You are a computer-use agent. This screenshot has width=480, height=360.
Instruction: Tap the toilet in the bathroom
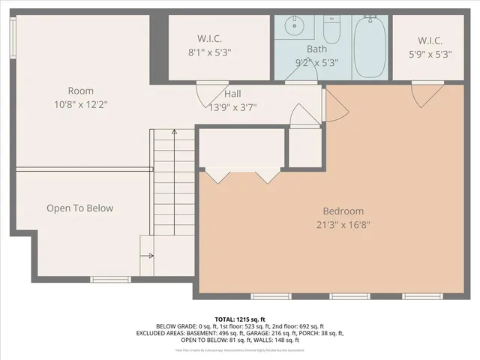pos(332,30)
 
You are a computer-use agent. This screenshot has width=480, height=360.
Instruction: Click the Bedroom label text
pos(343,211)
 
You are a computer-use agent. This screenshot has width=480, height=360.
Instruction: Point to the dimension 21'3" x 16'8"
pos(343,223)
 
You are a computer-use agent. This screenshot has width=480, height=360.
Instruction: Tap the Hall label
pos(232,94)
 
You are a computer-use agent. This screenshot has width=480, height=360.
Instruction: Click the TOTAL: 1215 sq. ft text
pos(240,319)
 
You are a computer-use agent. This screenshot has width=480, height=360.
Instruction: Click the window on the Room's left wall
pos(12,33)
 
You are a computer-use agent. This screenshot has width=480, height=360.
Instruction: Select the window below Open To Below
pos(110,279)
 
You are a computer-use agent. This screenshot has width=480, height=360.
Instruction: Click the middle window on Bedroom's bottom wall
pos(349,296)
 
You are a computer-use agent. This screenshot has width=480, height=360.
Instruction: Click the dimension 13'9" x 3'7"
pos(232,106)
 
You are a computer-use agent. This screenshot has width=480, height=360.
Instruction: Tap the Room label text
pos(80,91)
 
